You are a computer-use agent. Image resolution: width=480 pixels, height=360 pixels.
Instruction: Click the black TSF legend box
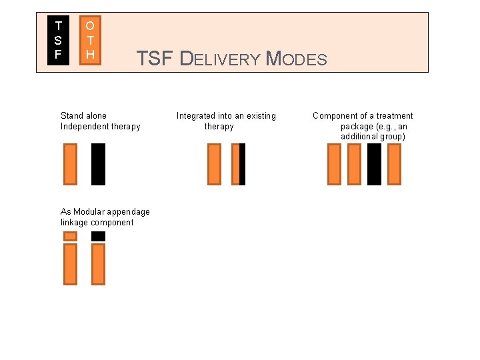(x=58, y=40)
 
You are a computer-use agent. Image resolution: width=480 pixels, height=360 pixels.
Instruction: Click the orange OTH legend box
(x=90, y=40)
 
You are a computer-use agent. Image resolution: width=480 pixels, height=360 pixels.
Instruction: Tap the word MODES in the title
(x=297, y=59)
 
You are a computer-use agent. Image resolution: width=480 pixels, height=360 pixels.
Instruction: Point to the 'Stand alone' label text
(x=83, y=115)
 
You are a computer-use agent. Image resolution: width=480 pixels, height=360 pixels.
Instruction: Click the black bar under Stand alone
(x=98, y=164)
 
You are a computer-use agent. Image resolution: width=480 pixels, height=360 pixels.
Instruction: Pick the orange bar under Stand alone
(x=70, y=164)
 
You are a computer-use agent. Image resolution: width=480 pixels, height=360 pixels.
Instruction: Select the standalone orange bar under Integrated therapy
(x=214, y=164)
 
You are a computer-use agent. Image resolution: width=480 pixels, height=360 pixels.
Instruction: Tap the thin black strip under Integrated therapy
(x=243, y=164)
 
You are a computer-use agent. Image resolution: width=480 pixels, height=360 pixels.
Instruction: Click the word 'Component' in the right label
(x=335, y=115)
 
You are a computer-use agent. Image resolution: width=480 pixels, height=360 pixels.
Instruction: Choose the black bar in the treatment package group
(x=374, y=164)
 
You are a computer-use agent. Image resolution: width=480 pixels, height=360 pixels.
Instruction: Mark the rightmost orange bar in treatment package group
(x=394, y=164)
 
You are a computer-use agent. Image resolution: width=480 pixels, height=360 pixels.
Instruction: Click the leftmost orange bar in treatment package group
(x=334, y=164)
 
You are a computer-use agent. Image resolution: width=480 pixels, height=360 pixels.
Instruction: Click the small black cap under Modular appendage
(x=98, y=236)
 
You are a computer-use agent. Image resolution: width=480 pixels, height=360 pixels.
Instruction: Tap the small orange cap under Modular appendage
(x=70, y=236)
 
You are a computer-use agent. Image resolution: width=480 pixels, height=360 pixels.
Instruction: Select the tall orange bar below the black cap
(x=98, y=264)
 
